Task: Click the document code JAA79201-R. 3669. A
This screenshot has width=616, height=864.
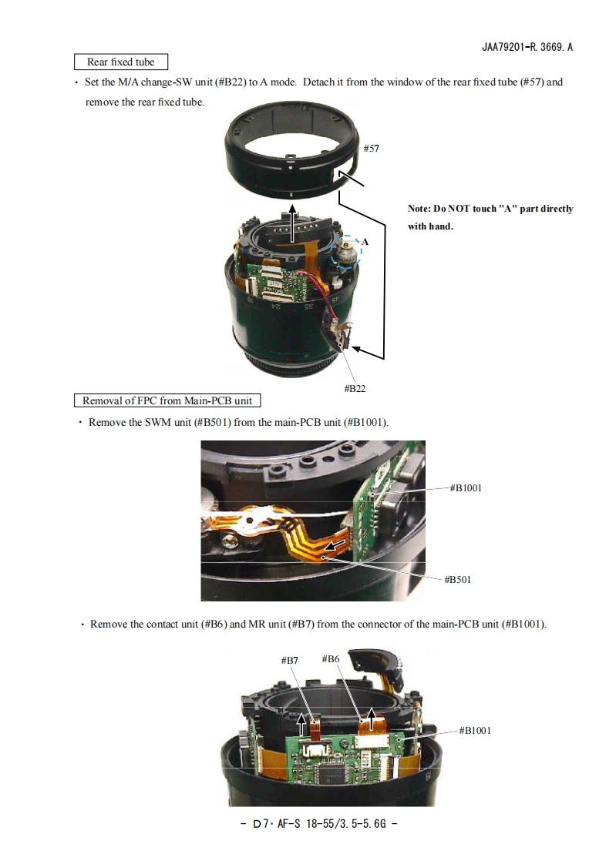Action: pos(527,48)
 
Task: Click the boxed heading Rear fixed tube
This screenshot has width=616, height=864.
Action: pos(121,62)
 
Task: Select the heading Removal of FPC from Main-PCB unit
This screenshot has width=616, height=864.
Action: pos(167,400)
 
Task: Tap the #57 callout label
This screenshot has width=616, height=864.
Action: pos(371,148)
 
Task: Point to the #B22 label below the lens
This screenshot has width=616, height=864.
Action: pos(355,388)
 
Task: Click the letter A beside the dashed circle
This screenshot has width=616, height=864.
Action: pos(365,241)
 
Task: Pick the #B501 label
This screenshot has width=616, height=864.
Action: pos(458,580)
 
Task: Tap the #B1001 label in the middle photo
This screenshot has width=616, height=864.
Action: pos(466,487)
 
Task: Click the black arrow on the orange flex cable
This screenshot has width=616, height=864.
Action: pos(335,546)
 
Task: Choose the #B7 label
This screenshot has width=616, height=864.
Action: pos(290,660)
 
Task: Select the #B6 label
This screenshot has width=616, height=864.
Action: pos(330,658)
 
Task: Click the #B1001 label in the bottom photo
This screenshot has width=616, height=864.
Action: pos(475,731)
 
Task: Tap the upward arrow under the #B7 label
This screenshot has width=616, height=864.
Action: pos(301,724)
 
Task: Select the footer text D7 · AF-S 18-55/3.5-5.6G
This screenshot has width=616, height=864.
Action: pos(319,824)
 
